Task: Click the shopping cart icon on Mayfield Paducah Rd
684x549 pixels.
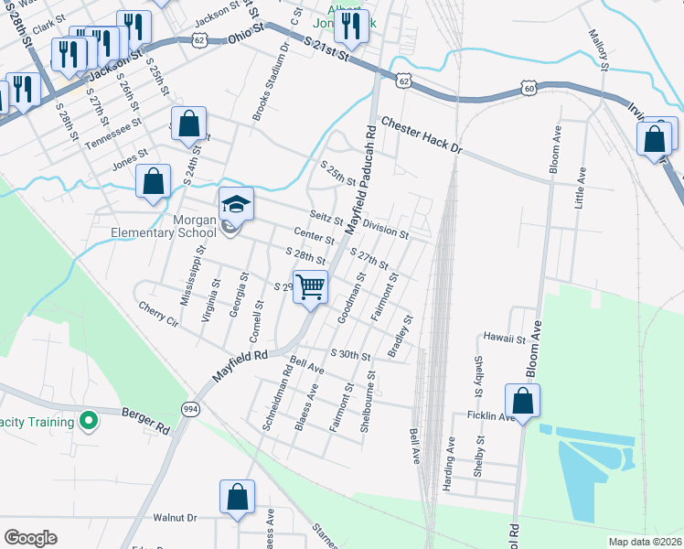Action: (x=311, y=287)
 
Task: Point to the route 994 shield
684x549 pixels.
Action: (x=189, y=408)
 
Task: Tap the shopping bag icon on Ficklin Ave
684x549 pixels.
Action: (x=522, y=401)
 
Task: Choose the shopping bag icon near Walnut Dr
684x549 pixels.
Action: (x=237, y=498)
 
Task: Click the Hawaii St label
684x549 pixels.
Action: (x=506, y=338)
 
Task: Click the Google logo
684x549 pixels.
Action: (x=30, y=538)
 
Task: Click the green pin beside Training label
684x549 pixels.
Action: (x=88, y=422)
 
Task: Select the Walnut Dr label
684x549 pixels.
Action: (x=176, y=518)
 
